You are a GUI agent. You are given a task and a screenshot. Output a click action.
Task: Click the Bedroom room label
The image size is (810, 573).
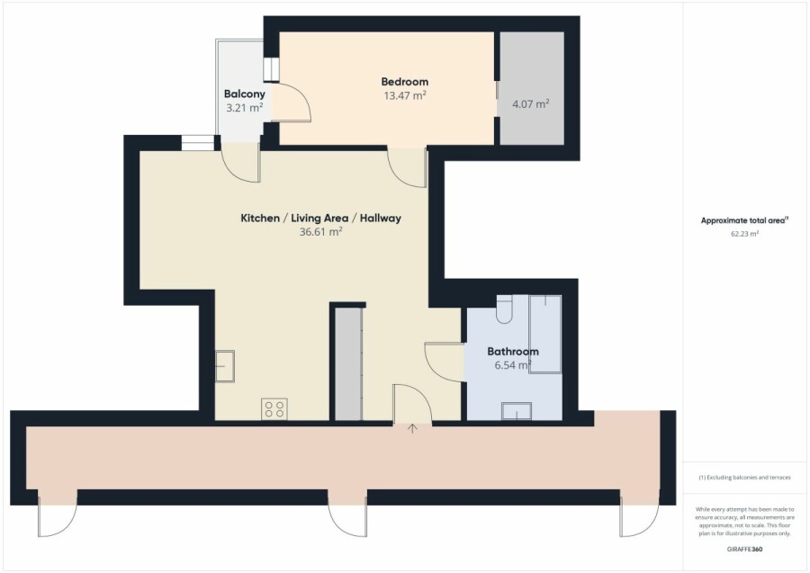(404, 82)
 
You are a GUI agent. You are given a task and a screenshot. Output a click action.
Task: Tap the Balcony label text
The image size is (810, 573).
(244, 94)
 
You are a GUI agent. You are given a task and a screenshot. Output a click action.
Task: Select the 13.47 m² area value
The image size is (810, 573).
(404, 95)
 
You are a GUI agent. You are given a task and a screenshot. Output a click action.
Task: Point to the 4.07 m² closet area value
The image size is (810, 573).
(530, 103)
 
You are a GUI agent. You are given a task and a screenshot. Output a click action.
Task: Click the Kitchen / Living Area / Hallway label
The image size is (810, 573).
(320, 218)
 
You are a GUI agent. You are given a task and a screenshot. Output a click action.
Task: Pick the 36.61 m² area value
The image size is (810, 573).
(320, 232)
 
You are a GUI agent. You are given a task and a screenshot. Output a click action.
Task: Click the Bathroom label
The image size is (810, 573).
(513, 352)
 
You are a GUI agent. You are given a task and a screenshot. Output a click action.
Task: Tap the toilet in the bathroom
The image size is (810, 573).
(504, 309)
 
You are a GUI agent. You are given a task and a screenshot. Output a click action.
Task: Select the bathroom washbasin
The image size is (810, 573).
(517, 411)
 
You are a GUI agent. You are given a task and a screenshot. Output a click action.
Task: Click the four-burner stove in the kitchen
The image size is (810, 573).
(274, 409)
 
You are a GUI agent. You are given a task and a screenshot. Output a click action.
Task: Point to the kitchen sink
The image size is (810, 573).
(225, 366)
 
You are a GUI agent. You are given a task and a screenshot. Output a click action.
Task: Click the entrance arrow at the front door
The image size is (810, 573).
(412, 428)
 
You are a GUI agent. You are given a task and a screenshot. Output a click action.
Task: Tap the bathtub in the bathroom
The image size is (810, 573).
(545, 334)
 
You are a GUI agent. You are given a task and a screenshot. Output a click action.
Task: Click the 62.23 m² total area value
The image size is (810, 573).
(744, 234)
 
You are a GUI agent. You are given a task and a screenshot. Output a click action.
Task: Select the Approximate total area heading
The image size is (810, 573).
(744, 220)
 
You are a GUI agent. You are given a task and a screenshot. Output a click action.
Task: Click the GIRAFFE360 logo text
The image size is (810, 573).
(744, 550)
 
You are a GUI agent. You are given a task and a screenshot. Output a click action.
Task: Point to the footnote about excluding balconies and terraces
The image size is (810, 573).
(744, 478)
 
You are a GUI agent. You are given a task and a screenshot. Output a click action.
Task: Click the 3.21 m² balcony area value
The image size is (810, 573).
(244, 108)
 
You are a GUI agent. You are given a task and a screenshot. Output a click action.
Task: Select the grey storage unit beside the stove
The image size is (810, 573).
(348, 364)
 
